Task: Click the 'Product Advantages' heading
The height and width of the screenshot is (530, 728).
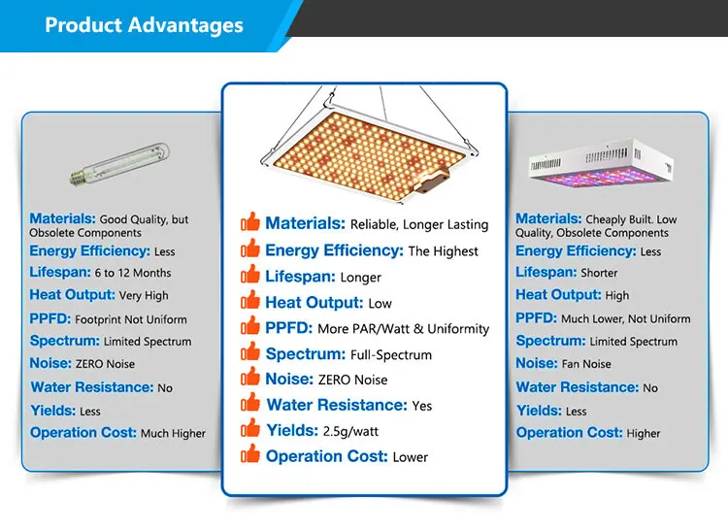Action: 144,25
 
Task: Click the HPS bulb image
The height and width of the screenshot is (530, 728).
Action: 119,164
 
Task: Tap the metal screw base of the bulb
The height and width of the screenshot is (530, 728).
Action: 79,178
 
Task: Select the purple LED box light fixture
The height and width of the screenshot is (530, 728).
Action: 601,163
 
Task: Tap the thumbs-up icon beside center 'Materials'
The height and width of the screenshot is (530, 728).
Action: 250,222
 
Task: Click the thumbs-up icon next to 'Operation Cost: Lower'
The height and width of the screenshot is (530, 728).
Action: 250,454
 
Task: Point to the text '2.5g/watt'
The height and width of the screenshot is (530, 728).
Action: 350,432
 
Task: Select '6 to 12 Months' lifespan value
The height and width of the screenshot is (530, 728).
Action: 133,273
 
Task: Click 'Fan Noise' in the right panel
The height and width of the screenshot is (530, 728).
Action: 586,364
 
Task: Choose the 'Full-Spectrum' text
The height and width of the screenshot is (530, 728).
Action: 391,355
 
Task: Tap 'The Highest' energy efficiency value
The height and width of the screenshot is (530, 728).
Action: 443,251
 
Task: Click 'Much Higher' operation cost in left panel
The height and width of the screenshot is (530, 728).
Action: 173,434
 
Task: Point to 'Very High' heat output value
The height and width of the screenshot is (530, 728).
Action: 144,296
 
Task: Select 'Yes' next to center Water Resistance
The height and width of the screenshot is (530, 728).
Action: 422,406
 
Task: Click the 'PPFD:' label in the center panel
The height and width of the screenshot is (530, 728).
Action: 289,328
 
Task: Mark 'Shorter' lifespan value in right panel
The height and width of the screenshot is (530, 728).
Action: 599,273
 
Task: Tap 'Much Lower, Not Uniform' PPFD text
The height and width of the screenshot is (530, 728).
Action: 625,319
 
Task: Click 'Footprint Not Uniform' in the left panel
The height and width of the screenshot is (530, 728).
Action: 131,319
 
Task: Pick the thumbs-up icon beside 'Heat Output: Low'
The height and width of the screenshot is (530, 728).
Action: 250,300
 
